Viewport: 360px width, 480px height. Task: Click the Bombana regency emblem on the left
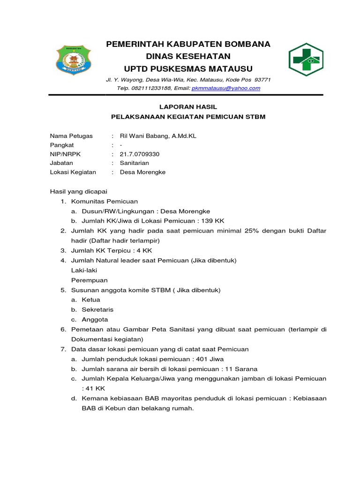(x=75, y=60)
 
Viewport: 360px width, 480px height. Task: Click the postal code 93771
(x=262, y=80)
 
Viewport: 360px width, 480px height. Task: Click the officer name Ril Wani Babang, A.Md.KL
(x=158, y=136)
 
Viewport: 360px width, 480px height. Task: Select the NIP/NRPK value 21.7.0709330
(x=140, y=154)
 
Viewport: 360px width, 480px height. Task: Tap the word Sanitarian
(x=135, y=163)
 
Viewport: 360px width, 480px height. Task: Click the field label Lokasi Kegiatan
(x=73, y=172)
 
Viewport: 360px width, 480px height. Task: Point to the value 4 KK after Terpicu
(x=144, y=250)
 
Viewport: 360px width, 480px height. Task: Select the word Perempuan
(x=90, y=280)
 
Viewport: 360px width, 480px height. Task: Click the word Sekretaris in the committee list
(x=97, y=310)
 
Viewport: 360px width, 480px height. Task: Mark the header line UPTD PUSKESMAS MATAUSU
(x=188, y=68)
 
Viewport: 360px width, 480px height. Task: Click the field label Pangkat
(x=62, y=145)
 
